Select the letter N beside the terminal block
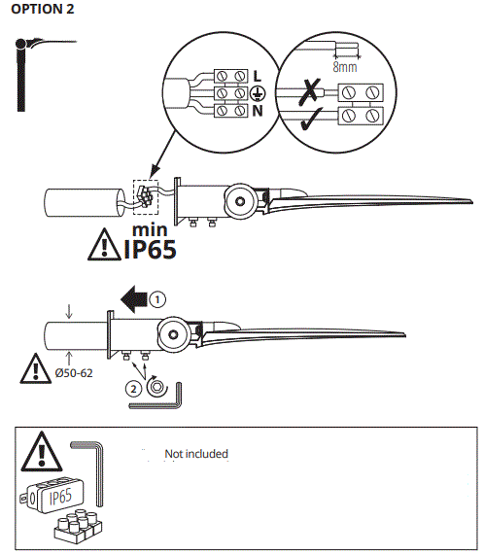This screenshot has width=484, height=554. coord(257,112)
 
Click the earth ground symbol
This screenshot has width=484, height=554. coord(258,93)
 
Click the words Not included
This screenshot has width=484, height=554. coord(196,454)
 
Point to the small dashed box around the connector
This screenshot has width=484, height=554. coord(143,197)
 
